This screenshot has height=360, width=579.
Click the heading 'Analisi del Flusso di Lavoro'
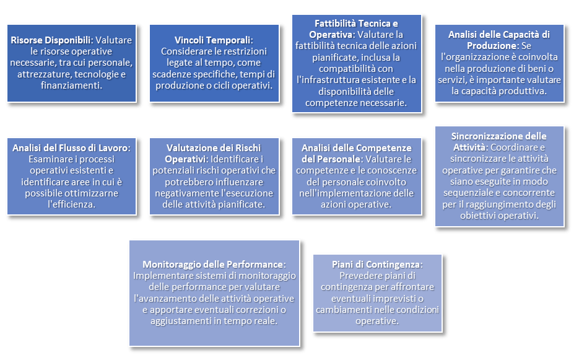[71, 147]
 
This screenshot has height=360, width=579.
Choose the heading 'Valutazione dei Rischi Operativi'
[212, 147]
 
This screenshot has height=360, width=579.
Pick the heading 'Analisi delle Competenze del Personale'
[356, 147]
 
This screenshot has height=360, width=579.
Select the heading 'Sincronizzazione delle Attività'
[498, 136]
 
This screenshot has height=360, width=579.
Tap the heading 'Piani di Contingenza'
[377, 264]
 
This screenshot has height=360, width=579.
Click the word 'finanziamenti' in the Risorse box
[72, 86]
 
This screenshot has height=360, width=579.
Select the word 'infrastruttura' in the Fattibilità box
[326, 80]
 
